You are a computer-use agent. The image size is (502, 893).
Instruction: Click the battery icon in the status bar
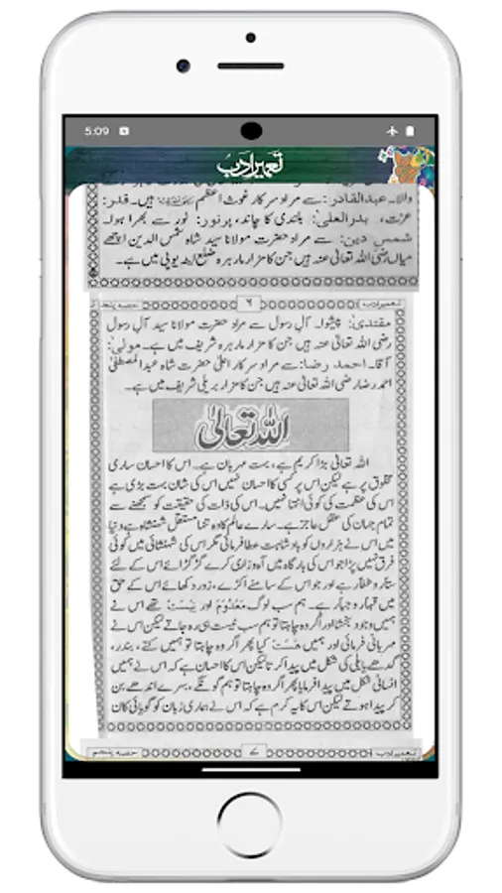pos(409,130)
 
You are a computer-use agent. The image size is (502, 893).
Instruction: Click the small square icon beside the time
pos(124,130)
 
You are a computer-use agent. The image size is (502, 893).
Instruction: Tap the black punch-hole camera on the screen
pos(251,130)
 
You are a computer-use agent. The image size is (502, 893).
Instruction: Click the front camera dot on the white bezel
pos(184,64)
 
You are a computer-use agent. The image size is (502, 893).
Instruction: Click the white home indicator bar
pos(251,769)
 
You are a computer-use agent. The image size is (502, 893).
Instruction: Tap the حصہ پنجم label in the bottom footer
pos(117,755)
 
